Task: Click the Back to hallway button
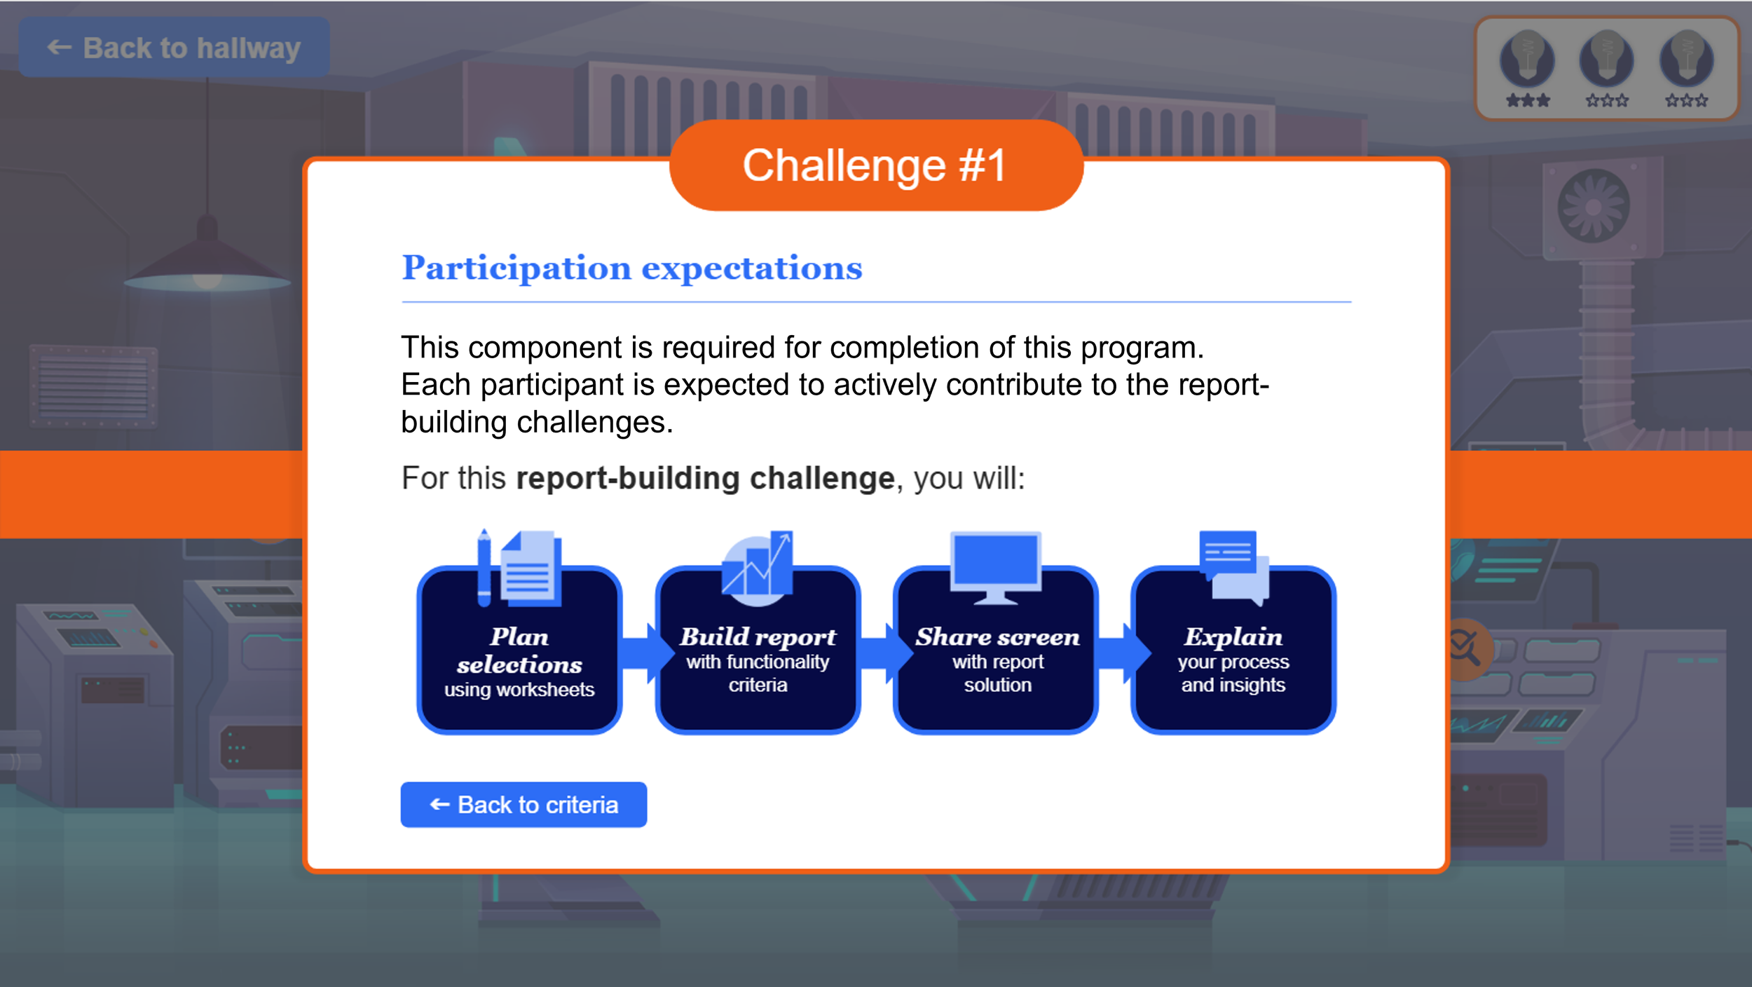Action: coord(174,48)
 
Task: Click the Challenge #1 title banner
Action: coord(875,165)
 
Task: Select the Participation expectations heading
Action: coord(631,268)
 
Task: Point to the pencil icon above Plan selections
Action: coord(484,568)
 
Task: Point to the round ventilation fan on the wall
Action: coord(1593,206)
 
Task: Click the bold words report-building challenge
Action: coord(705,479)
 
